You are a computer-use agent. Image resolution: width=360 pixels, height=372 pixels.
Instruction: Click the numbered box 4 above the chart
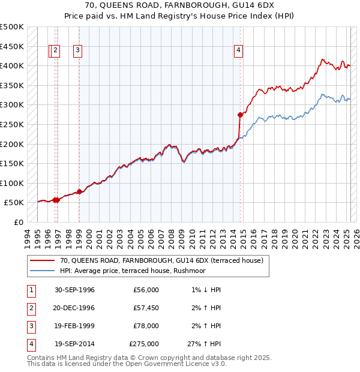click(239, 51)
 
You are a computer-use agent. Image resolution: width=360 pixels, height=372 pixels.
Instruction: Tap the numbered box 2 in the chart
click(55, 51)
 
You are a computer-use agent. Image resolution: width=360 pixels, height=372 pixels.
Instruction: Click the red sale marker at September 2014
click(240, 114)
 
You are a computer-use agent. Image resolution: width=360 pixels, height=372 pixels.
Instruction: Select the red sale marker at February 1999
click(79, 191)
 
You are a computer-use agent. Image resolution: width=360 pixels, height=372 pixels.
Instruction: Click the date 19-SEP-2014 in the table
click(74, 344)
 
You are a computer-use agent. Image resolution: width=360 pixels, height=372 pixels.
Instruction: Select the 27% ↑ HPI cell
click(205, 344)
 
